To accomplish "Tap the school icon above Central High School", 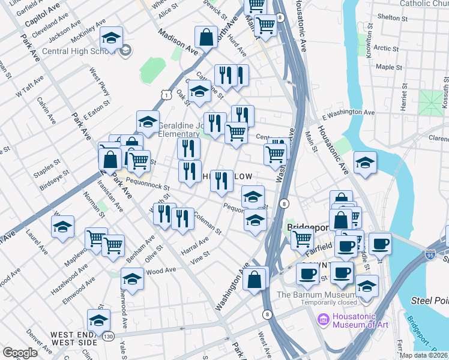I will pos(111,38).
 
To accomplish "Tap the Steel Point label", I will pos(429,299).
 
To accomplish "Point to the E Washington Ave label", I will pos(348,113).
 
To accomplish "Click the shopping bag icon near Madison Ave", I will pos(206,37).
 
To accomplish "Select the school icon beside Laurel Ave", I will pos(62,227).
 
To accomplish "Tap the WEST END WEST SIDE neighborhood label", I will pos(73,338).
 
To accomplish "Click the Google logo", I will pos(20,353).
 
